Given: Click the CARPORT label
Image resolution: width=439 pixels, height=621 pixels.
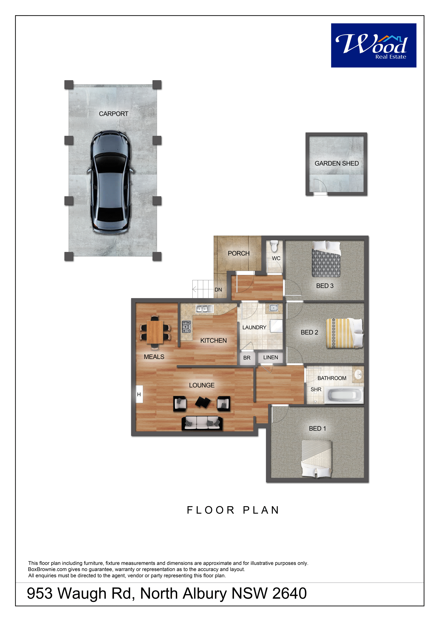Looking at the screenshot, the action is (114, 114).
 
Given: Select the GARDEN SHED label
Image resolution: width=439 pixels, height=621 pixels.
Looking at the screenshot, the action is (337, 163).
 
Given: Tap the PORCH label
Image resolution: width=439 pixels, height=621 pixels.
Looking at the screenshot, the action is (239, 253).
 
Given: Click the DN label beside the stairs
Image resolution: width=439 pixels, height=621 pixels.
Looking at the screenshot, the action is (218, 290).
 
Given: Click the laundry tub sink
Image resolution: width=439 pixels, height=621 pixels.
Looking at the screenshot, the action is (274, 308).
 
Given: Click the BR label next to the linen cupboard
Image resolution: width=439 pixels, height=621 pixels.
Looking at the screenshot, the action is (247, 358).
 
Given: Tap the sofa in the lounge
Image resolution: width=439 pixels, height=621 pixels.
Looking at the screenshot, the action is (202, 423).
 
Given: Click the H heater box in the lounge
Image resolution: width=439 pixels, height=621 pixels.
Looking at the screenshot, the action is (139, 394).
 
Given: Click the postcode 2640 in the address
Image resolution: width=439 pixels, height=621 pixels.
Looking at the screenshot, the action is (289, 593).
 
